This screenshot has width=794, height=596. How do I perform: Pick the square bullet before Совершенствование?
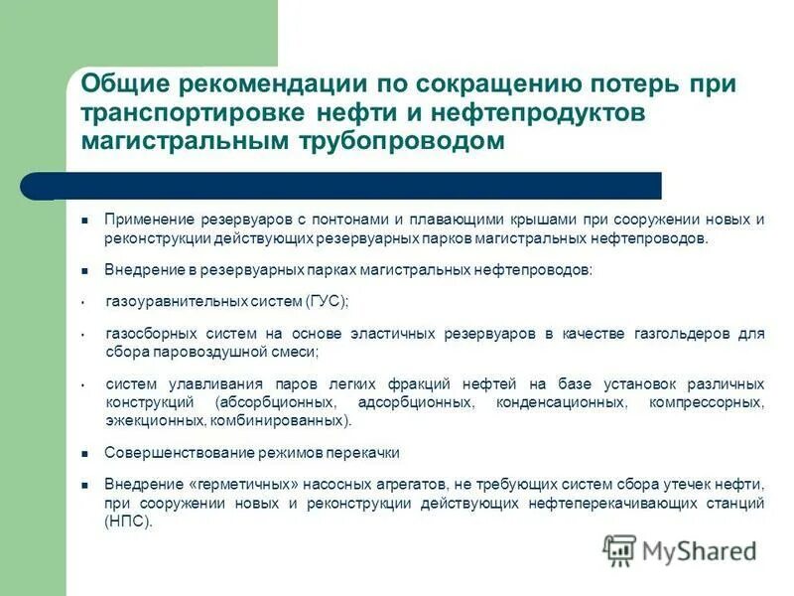(85, 453)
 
